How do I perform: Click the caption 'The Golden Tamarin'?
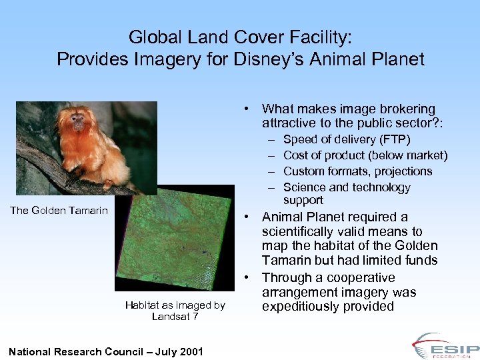pyautogui.click(x=59, y=211)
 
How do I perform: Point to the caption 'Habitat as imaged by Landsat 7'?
pyautogui.click(x=175, y=311)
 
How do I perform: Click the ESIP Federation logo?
pyautogui.click(x=445, y=346)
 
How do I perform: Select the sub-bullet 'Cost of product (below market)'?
pyautogui.click(x=365, y=155)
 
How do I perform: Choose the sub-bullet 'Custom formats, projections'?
pyautogui.click(x=357, y=171)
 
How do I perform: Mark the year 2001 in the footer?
pyautogui.click(x=190, y=351)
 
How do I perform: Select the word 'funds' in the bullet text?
pyautogui.click(x=421, y=260)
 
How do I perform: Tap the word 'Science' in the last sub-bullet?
pyautogui.click(x=303, y=187)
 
